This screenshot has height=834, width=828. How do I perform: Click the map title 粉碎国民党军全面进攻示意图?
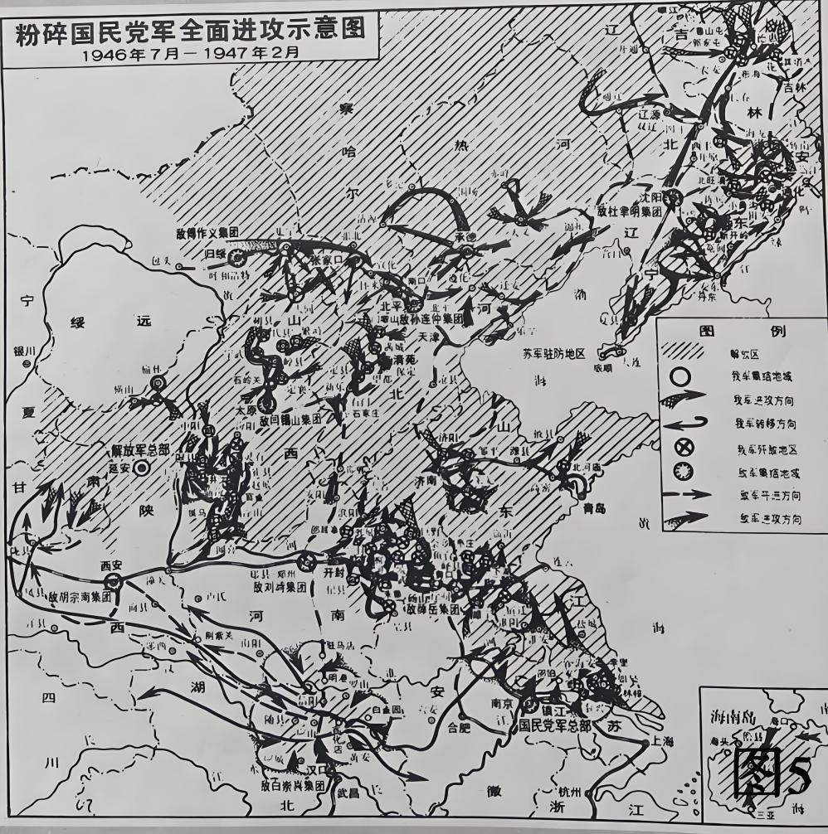coord(190,28)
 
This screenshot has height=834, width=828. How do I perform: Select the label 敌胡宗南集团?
coord(80,596)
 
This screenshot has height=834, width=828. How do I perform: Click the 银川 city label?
coord(25,352)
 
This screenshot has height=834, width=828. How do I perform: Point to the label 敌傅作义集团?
coord(207,234)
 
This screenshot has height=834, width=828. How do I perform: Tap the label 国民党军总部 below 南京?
coord(555,725)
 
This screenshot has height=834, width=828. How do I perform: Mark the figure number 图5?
coord(772,776)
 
